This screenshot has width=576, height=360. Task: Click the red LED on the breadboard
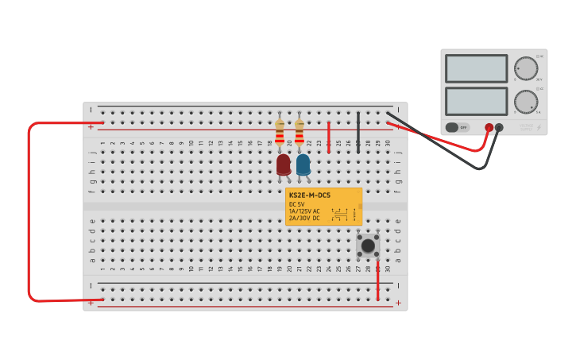click(x=284, y=165)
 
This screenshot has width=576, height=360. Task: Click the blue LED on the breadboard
click(x=303, y=165)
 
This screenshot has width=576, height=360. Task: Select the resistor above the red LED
click(x=280, y=131)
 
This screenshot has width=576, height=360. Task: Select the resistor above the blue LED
click(x=300, y=131)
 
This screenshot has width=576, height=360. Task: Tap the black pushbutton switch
click(x=368, y=246)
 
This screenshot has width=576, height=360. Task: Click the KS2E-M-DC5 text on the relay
click(x=309, y=195)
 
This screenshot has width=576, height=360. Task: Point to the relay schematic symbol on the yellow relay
click(x=341, y=215)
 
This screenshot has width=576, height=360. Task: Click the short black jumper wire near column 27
click(x=358, y=131)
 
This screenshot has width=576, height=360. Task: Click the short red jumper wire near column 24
click(x=329, y=137)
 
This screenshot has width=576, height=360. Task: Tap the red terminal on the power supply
click(x=489, y=127)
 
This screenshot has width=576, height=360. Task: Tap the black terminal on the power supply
click(x=499, y=127)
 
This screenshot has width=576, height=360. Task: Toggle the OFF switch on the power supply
click(x=456, y=127)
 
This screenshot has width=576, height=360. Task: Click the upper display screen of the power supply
click(x=476, y=68)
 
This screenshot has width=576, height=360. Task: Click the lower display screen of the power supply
click(x=476, y=101)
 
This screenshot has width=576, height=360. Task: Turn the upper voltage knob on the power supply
click(x=525, y=68)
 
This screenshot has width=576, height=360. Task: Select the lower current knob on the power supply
click(x=525, y=101)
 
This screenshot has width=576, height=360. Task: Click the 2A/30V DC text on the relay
click(x=305, y=218)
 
